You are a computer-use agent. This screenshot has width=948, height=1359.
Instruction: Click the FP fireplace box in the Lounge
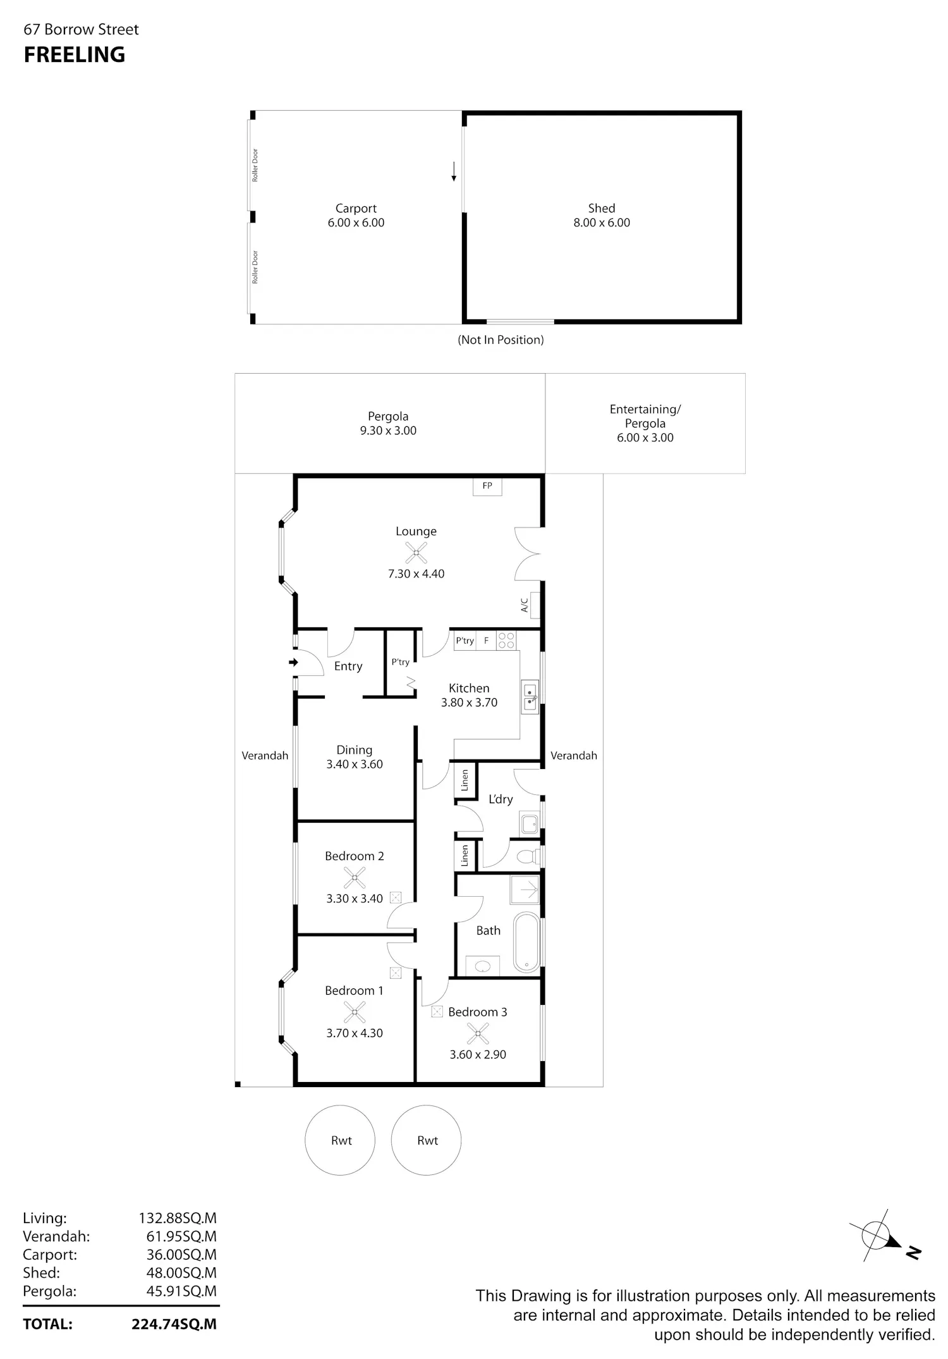(487, 486)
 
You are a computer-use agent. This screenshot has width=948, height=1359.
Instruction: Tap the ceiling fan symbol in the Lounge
(416, 553)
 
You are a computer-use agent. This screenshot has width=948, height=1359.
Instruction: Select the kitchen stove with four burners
(506, 641)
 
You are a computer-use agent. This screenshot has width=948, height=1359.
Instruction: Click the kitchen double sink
(530, 698)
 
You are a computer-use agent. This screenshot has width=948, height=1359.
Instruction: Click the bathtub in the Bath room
(527, 942)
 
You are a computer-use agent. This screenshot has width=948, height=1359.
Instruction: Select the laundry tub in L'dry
(530, 823)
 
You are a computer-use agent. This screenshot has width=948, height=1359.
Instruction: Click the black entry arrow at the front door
(293, 663)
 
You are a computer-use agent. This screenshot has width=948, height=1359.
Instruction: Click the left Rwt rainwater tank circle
(340, 1140)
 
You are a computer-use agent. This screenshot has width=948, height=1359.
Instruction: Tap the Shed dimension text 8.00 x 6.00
(602, 223)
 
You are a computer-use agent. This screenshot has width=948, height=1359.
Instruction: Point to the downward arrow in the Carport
(454, 171)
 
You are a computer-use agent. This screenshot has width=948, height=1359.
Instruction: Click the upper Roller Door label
(255, 165)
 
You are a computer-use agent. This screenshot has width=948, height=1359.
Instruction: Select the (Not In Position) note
(501, 340)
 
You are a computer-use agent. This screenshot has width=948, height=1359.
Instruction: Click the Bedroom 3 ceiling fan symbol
(478, 1033)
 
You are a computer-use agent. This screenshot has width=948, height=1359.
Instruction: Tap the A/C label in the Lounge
(525, 605)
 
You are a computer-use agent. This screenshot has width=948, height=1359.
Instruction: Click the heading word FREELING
(75, 55)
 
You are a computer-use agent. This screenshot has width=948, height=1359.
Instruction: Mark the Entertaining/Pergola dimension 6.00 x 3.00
(645, 438)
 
